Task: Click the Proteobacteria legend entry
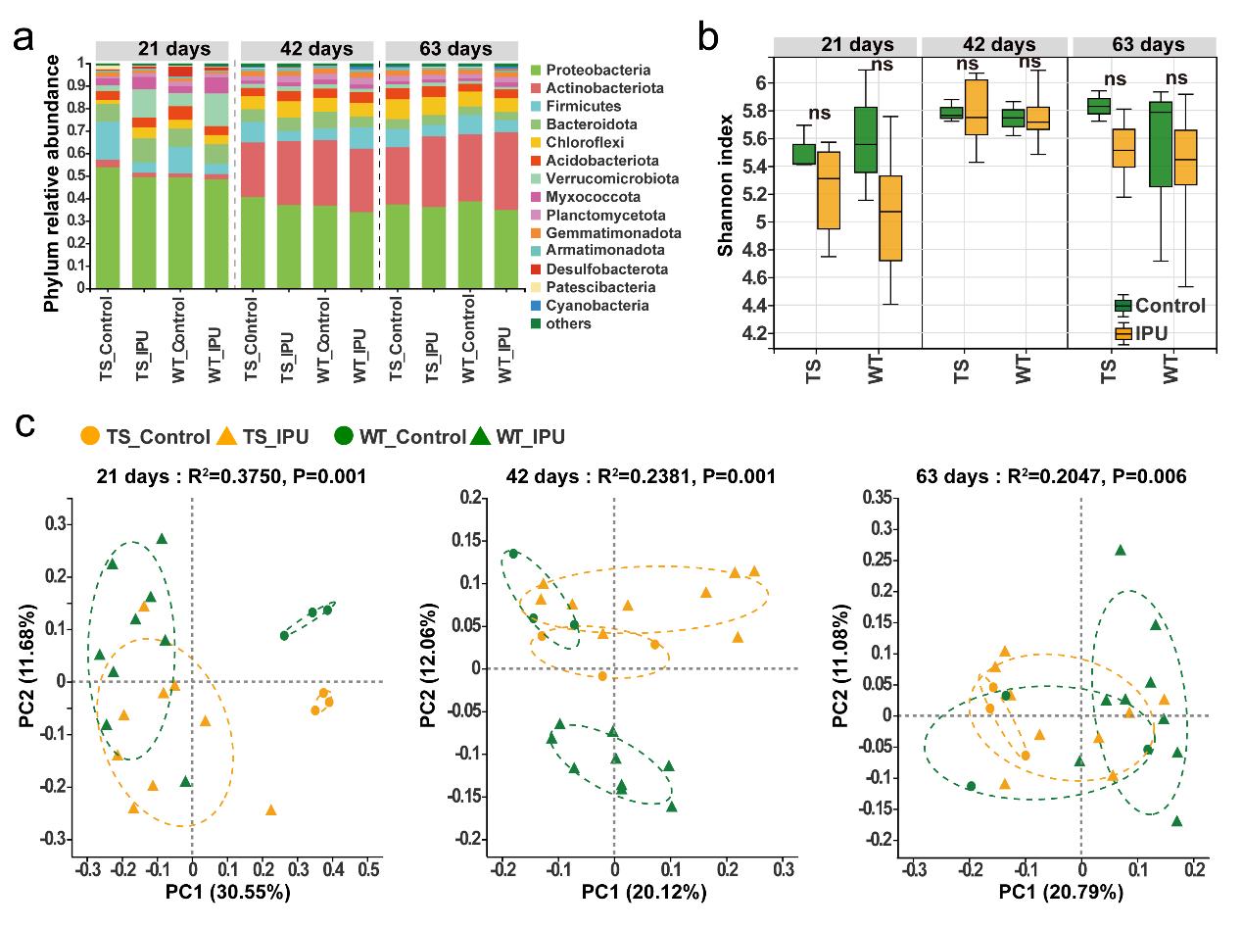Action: (597, 70)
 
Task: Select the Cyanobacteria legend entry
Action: (597, 306)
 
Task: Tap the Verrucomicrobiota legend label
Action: (608, 178)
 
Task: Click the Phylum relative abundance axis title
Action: (52, 183)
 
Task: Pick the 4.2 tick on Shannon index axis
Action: (755, 334)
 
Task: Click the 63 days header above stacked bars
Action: (452, 49)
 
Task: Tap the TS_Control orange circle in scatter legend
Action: (89, 436)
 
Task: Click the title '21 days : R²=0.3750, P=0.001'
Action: (231, 476)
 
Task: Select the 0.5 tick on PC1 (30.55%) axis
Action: (367, 869)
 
